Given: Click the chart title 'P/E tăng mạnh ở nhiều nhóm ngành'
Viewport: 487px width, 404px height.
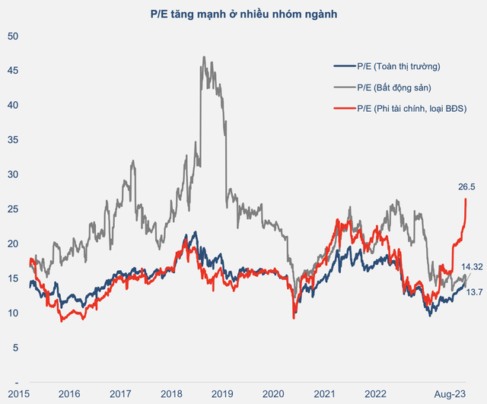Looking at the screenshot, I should (243, 13).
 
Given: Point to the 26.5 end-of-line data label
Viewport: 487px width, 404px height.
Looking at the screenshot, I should (466, 186).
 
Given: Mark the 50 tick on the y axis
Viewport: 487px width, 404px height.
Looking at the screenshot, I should (12, 36).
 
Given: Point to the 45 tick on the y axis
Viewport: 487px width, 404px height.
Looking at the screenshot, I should (12, 71).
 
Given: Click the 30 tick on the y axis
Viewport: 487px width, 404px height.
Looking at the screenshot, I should (12, 174).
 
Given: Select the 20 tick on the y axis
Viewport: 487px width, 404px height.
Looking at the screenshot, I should (12, 243).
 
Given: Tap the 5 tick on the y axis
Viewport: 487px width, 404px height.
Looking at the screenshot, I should (15, 347).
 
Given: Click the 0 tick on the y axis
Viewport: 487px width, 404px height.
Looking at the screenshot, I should (15, 381).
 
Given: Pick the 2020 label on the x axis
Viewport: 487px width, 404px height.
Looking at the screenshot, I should (272, 393).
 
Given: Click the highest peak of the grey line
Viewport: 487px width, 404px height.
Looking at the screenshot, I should (203, 57).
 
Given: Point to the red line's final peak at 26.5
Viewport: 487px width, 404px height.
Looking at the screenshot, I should (465, 199).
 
